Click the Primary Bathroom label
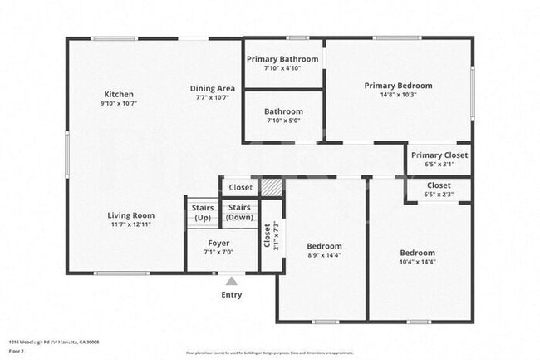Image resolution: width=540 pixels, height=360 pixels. pyautogui.click(x=283, y=59)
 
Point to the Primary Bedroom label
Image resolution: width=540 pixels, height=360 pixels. pyautogui.click(x=398, y=85)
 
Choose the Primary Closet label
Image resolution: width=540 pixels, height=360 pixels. pyautogui.click(x=439, y=155)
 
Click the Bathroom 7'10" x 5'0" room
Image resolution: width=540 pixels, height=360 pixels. pyautogui.click(x=283, y=116)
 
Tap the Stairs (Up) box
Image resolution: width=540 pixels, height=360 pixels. pyautogui.click(x=203, y=212)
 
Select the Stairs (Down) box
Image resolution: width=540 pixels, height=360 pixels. pyautogui.click(x=240, y=212)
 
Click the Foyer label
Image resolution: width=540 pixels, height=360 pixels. pyautogui.click(x=218, y=243)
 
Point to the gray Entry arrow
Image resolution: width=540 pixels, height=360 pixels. pyautogui.click(x=231, y=281)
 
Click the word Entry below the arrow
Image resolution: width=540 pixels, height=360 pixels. pyautogui.click(x=231, y=295)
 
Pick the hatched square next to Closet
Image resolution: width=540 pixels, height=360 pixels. pyautogui.click(x=272, y=187)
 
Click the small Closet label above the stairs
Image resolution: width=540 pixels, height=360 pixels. pyautogui.click(x=240, y=188)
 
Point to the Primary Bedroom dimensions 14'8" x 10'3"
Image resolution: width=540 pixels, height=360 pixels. pyautogui.click(x=398, y=95)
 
